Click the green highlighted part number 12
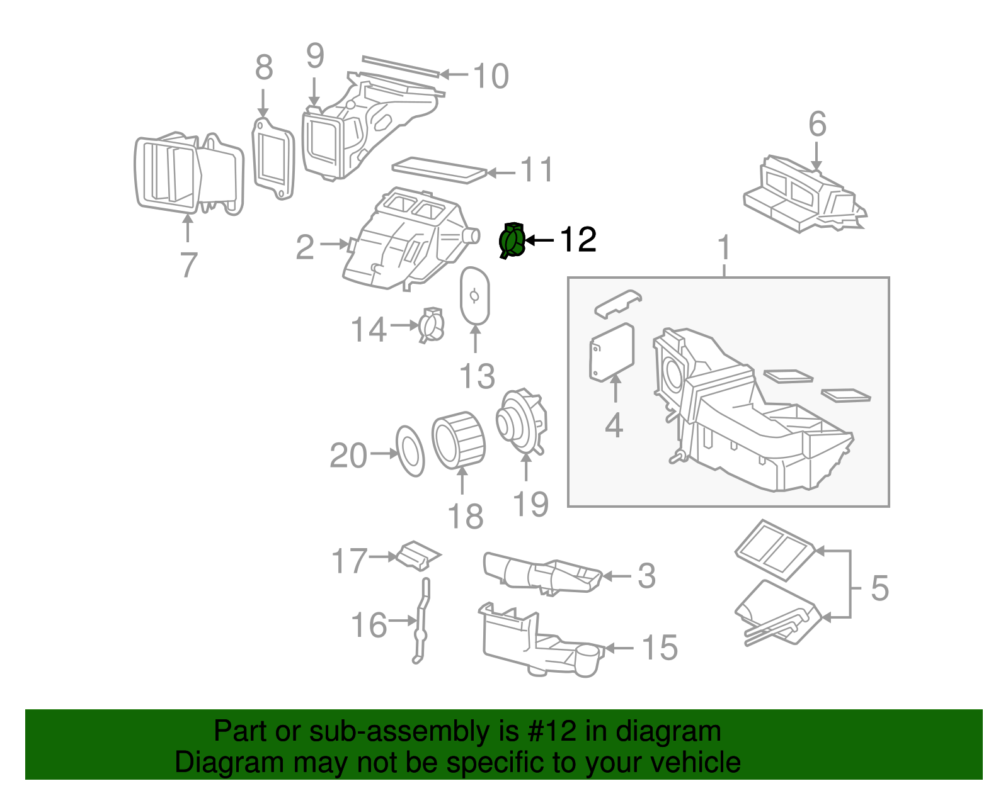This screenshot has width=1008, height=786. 512,240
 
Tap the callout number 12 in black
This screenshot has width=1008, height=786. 578,240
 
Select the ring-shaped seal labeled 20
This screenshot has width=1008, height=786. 410,451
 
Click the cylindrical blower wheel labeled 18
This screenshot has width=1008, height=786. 459,440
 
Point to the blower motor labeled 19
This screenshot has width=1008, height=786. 522,422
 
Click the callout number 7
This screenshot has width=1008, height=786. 188,265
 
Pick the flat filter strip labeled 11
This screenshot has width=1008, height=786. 438,169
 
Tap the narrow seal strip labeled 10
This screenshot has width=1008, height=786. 400,66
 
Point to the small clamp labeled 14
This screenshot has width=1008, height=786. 432,325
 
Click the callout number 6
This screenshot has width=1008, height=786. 817,124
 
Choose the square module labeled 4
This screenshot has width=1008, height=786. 611,352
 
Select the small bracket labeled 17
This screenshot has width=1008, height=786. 418,554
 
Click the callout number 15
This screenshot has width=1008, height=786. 660,648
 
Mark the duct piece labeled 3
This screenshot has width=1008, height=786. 542,573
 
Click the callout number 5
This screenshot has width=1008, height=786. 879,588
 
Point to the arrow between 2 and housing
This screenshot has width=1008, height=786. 335,244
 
